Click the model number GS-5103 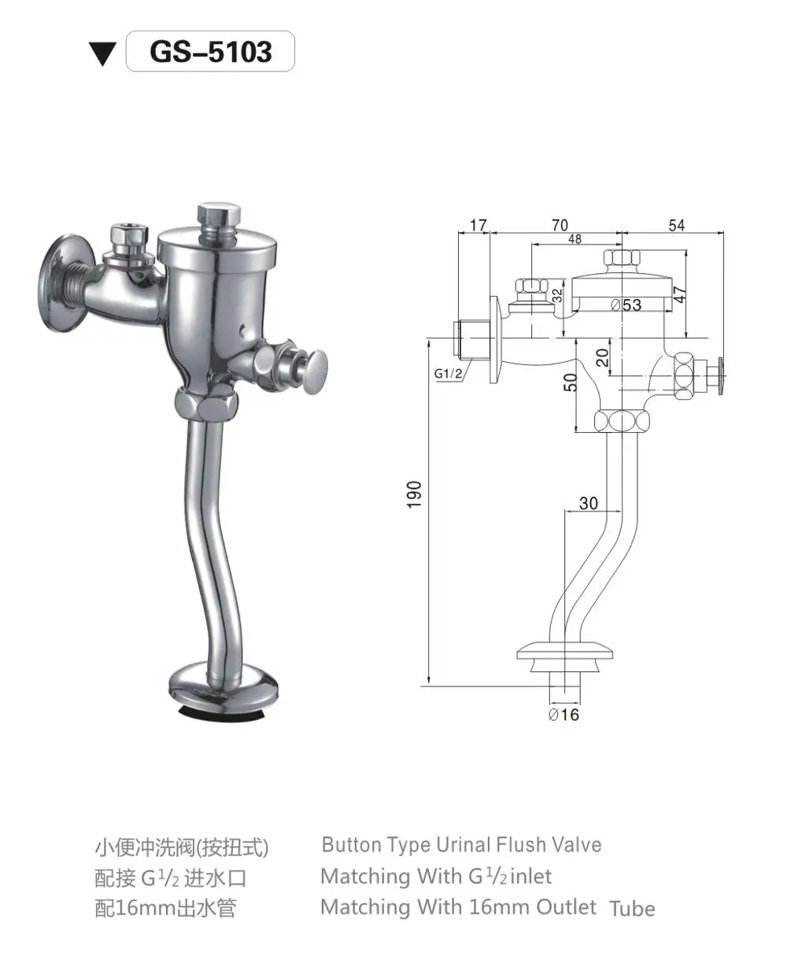click(x=210, y=52)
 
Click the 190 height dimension click(x=415, y=493)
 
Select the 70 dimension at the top click(x=560, y=226)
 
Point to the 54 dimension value click(x=676, y=226)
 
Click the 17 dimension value click(x=478, y=226)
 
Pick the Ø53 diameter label click(x=626, y=305)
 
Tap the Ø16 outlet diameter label click(x=563, y=715)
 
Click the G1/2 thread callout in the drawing click(x=449, y=373)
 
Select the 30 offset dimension click(x=589, y=504)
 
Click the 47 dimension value click(x=682, y=294)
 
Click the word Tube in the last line click(x=632, y=908)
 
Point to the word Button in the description click(x=352, y=845)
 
